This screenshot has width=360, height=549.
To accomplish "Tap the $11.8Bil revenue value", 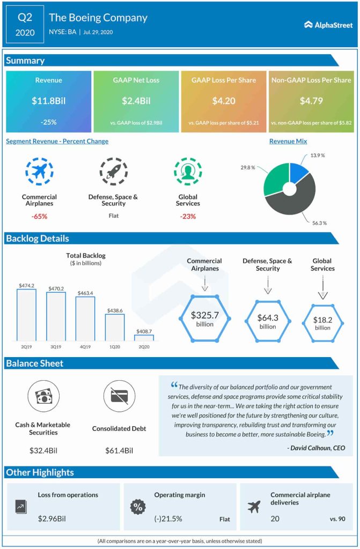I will pyautogui.click(x=49, y=100).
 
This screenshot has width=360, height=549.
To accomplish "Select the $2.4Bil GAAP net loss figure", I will pyautogui.click(x=136, y=100).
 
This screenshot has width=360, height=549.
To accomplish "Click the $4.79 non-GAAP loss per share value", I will pyautogui.click(x=311, y=100).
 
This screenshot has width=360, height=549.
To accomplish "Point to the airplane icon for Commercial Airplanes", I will pyautogui.click(x=39, y=172).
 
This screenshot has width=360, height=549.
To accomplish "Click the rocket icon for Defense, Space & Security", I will pyautogui.click(x=113, y=172).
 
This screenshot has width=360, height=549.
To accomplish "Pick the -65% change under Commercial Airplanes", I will pyautogui.click(x=39, y=217).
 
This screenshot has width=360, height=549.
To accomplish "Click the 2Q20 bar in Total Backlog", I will pyautogui.click(x=143, y=338).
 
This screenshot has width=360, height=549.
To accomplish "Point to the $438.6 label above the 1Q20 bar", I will pyautogui.click(x=114, y=310).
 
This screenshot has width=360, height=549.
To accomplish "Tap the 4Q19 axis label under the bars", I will pyautogui.click(x=84, y=347).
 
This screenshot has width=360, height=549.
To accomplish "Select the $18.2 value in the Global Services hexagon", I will pyautogui.click(x=322, y=320).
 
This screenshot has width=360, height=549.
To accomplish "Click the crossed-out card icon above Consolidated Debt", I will pyautogui.click(x=119, y=396).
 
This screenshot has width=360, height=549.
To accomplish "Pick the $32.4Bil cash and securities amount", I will pyautogui.click(x=43, y=451).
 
